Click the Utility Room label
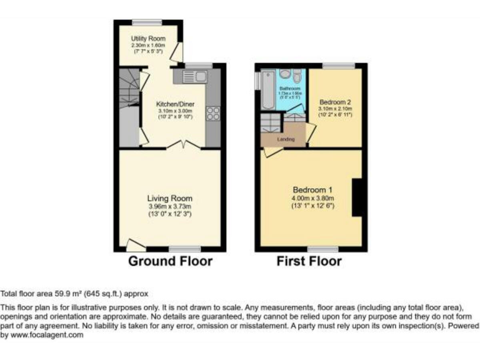pyautogui.click(x=148, y=39)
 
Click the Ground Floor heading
pyautogui.click(x=170, y=261)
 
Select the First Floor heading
pyautogui.click(x=309, y=261)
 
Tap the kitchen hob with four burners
pyautogui.click(x=212, y=114)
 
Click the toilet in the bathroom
pyautogui.click(x=297, y=76)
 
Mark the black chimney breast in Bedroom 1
pyautogui.click(x=358, y=198)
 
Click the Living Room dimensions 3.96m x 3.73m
pyautogui.click(x=170, y=207)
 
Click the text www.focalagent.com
pyautogui.click(x=50, y=336)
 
